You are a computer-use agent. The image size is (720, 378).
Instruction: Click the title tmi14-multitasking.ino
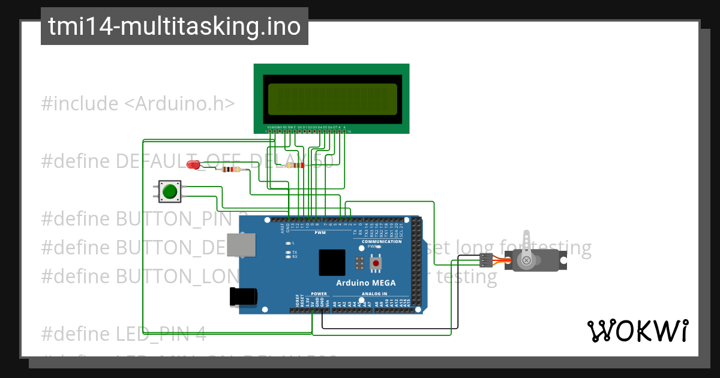pos(174,26)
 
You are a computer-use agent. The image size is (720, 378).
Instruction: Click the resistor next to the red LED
pos(231,170)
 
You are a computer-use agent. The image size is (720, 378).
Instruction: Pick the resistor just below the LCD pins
pos(295,165)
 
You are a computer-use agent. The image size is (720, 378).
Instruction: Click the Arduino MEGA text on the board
pos(365,283)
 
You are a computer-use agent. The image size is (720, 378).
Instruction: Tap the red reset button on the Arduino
pos(376,263)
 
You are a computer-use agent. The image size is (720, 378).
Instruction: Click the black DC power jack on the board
pos(244,296)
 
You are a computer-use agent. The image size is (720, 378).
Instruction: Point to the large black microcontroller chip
pos(332,263)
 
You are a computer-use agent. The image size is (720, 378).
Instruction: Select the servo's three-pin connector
pos(486,260)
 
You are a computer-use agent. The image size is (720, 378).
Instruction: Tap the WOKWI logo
pos(637,331)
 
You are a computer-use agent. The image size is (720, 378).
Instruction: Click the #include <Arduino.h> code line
pos(138,104)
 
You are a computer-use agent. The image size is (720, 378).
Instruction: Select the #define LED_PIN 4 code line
pos(124,334)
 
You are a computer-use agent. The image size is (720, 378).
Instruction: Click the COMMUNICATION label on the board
pos(382,241)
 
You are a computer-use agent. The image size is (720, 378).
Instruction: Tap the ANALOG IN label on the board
pos(374,294)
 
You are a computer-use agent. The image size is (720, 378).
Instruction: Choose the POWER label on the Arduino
pos(319,294)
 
